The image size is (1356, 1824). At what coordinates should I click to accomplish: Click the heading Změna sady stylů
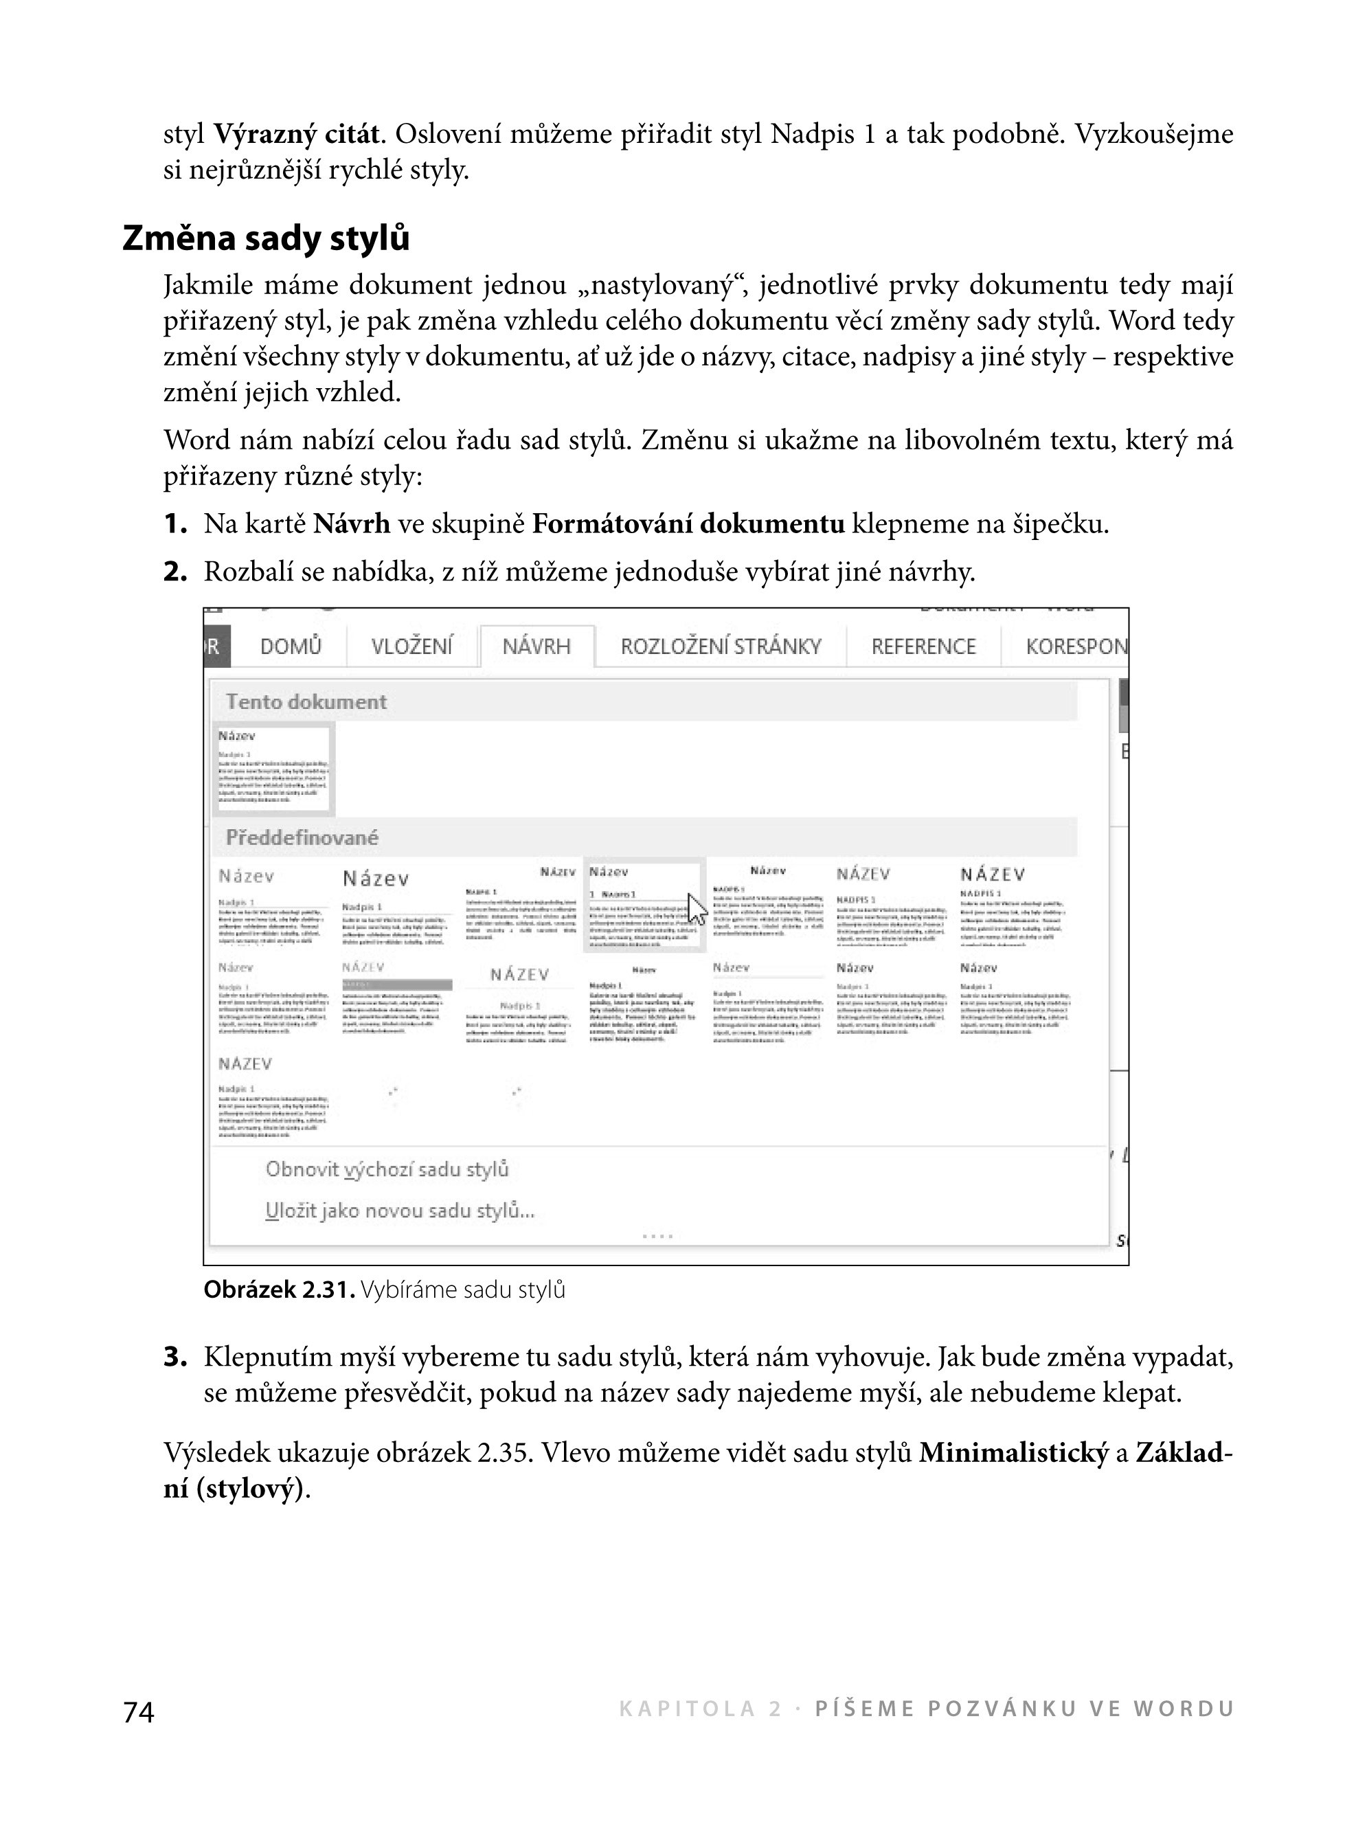coord(266,239)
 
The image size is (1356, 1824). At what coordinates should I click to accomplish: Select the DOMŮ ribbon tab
coord(291,647)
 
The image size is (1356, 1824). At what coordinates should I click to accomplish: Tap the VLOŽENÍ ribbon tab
coord(411,647)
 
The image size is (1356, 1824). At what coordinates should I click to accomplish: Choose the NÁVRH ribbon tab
coord(536,647)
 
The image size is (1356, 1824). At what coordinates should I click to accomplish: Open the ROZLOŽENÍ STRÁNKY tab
coord(721,647)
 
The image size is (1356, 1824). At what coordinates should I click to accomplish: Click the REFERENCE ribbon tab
coord(923,647)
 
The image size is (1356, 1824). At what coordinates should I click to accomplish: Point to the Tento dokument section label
coord(306,702)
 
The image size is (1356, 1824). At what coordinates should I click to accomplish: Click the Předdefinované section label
coord(302,838)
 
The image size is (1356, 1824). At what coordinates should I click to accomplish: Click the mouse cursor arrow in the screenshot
coord(696,909)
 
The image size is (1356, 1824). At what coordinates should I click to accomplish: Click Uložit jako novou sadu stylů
coord(400,1211)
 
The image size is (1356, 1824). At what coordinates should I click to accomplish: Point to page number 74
coord(139,1711)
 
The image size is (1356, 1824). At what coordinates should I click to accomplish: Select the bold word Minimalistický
coord(1014,1453)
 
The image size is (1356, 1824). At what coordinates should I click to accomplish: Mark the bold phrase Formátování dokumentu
coord(688,523)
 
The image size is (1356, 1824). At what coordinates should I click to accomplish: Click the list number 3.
coord(175,1357)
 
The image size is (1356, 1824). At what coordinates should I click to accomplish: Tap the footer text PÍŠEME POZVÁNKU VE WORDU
coord(1024,1709)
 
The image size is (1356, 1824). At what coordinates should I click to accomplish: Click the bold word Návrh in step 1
coord(351,523)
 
